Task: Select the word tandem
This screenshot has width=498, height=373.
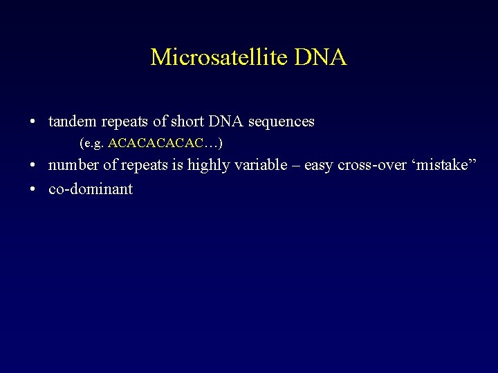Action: tap(73, 122)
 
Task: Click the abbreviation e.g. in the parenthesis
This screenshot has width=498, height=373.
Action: tap(93, 144)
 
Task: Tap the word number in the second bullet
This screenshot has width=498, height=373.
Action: tap(73, 166)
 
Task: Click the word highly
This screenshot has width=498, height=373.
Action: tap(209, 166)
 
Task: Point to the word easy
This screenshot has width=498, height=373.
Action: tap(319, 166)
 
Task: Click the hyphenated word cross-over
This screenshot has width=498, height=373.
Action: tap(372, 166)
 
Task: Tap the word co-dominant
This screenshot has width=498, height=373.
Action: tap(91, 189)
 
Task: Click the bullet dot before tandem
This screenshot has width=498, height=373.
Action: tap(33, 122)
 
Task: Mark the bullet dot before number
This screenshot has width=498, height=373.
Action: tap(33, 166)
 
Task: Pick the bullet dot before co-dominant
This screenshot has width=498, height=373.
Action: tap(33, 189)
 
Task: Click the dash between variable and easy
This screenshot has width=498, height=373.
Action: tap(294, 166)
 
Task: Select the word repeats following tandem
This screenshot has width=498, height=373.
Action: tap(125, 122)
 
